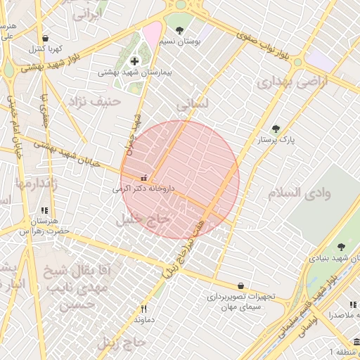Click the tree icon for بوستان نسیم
point(180,31)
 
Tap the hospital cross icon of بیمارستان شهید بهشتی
point(134,62)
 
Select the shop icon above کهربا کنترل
point(46,39)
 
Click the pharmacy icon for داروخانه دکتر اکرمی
point(145,178)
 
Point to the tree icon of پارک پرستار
point(275,129)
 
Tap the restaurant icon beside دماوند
point(144,309)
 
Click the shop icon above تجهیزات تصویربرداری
point(242,286)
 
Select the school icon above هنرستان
point(44,210)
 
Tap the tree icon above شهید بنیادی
point(341,247)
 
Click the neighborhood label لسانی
point(192,105)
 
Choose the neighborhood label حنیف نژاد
point(95,102)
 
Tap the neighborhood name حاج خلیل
point(143,219)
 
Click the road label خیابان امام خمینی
point(13,130)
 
